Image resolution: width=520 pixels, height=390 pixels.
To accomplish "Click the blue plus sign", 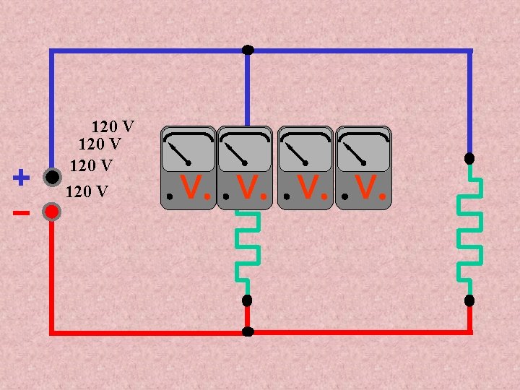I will point(22,176).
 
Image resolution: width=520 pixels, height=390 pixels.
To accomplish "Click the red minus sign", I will point(21,213).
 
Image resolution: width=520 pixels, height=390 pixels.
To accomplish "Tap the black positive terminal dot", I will point(51,177).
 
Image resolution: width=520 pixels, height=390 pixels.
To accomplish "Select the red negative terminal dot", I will point(51,212).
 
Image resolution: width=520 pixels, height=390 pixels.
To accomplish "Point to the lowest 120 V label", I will point(87,191).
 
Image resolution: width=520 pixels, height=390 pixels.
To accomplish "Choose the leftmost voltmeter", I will point(188,168).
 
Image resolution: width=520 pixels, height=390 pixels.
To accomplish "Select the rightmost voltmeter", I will point(364,168).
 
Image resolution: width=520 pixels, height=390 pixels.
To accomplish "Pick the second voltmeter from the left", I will point(246,168).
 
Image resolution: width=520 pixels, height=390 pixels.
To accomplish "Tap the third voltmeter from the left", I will point(306,168).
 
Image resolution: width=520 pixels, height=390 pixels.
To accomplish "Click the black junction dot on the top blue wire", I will point(248,50).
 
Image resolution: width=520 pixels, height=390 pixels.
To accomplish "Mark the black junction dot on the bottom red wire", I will point(248,332).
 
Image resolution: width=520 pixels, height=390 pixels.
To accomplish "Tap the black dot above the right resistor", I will point(469,158).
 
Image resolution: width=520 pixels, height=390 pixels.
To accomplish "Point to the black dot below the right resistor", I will point(469,300).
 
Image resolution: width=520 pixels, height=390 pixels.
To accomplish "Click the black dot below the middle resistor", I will point(247,300).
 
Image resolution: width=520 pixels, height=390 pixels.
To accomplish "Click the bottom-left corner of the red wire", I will point(51,332).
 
